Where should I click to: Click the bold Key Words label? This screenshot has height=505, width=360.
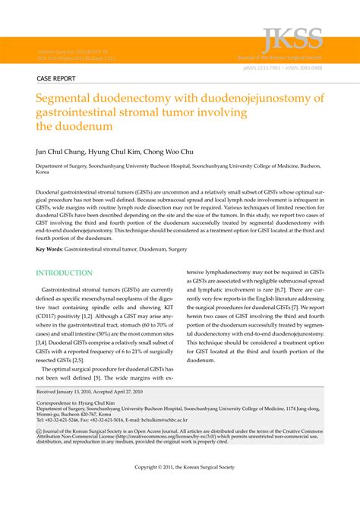pos(49,249)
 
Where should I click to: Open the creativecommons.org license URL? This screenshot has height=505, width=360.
pos(170,437)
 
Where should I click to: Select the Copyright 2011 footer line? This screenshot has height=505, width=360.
pos(180,465)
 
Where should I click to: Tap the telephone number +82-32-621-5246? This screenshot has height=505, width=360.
pos(66,419)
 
